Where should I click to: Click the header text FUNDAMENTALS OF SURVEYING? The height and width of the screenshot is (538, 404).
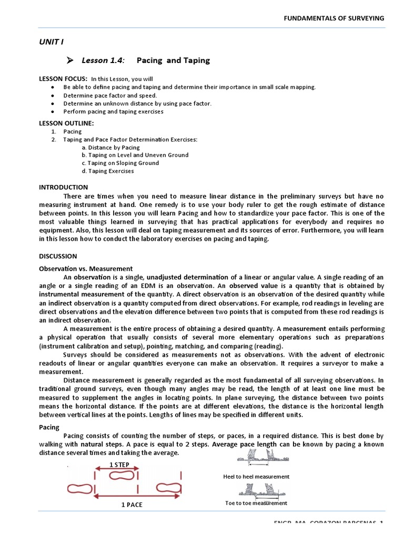(x=334, y=18)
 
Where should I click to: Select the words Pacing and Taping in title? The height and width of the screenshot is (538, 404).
(x=173, y=60)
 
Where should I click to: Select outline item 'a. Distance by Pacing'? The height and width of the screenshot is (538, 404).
(x=110, y=148)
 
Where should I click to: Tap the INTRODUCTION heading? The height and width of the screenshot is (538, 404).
(x=64, y=187)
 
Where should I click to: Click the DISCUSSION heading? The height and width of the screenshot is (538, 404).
(x=58, y=256)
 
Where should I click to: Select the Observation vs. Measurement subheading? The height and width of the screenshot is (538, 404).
(x=86, y=268)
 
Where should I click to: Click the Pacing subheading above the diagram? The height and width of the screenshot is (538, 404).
(x=49, y=427)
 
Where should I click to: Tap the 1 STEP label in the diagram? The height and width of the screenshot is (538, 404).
(x=119, y=464)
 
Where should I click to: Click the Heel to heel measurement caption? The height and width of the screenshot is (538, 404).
(x=256, y=477)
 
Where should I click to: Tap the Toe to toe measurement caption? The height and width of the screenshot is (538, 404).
(x=256, y=503)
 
